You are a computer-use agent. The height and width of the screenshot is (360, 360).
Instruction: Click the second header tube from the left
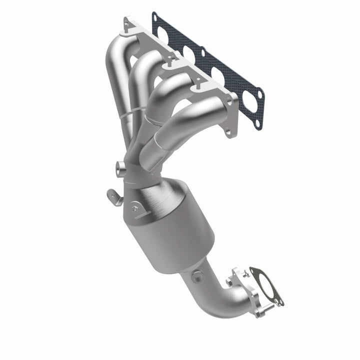pyautogui.click(x=142, y=65)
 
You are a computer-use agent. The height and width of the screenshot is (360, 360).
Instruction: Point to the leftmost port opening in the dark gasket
pyautogui.click(x=164, y=35)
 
